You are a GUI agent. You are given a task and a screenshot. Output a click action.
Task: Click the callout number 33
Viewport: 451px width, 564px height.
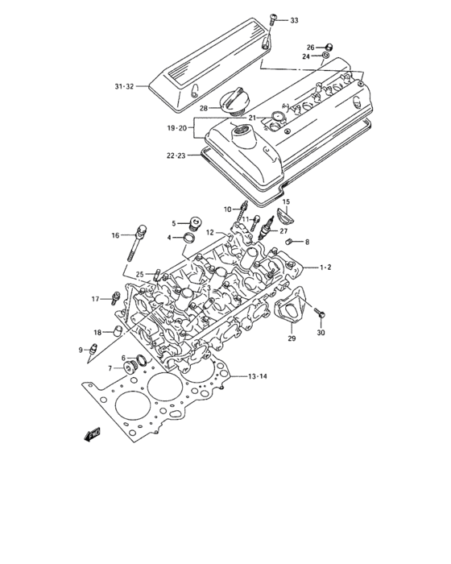tap(293, 19)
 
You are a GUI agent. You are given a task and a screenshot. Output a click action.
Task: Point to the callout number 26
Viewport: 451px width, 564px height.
tap(310, 48)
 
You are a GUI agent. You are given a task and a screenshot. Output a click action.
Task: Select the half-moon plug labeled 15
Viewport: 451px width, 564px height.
tap(285, 217)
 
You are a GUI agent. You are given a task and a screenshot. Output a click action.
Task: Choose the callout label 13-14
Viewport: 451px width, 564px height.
tap(258, 376)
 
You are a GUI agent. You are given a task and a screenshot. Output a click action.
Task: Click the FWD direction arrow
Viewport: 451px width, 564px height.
tap(91, 436)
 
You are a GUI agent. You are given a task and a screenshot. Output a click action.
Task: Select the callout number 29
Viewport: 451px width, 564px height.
tap(292, 339)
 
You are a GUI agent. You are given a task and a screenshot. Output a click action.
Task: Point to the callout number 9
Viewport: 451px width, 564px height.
tap(81, 349)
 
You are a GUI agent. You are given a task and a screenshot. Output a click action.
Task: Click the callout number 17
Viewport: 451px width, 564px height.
tap(95, 299)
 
